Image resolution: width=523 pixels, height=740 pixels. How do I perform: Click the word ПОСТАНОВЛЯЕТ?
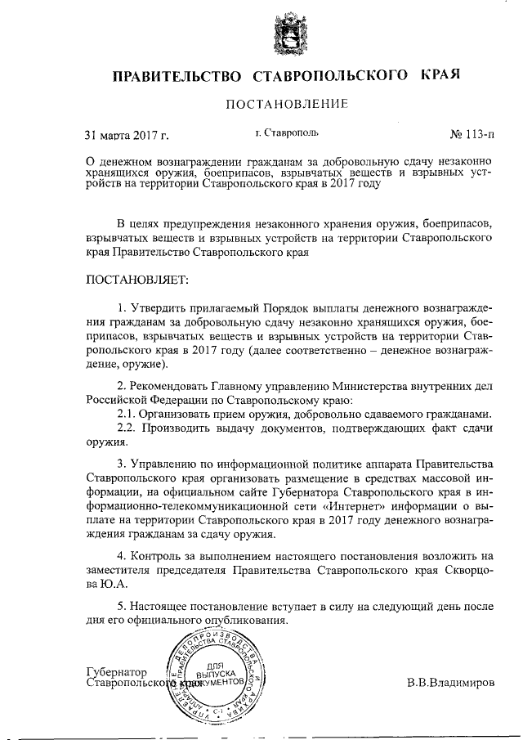tap(136, 280)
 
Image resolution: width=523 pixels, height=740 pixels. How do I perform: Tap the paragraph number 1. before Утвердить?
tap(123, 307)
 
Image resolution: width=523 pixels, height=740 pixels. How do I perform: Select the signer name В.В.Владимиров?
tap(450, 681)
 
